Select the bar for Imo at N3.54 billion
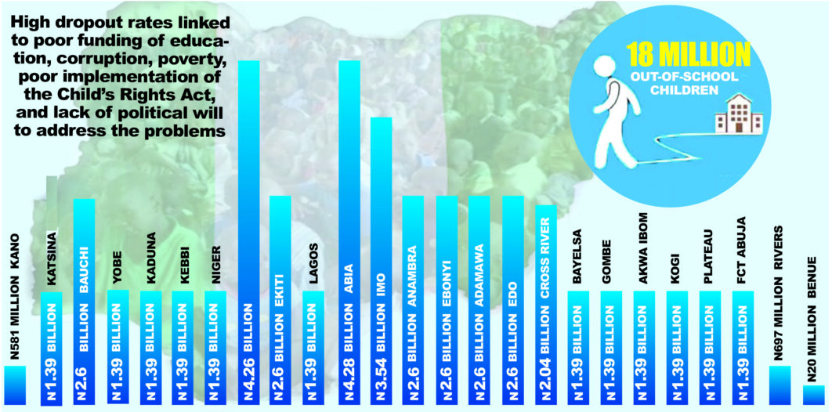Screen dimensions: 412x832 [x=381, y=258]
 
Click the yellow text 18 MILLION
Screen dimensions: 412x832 [x=687, y=56]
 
